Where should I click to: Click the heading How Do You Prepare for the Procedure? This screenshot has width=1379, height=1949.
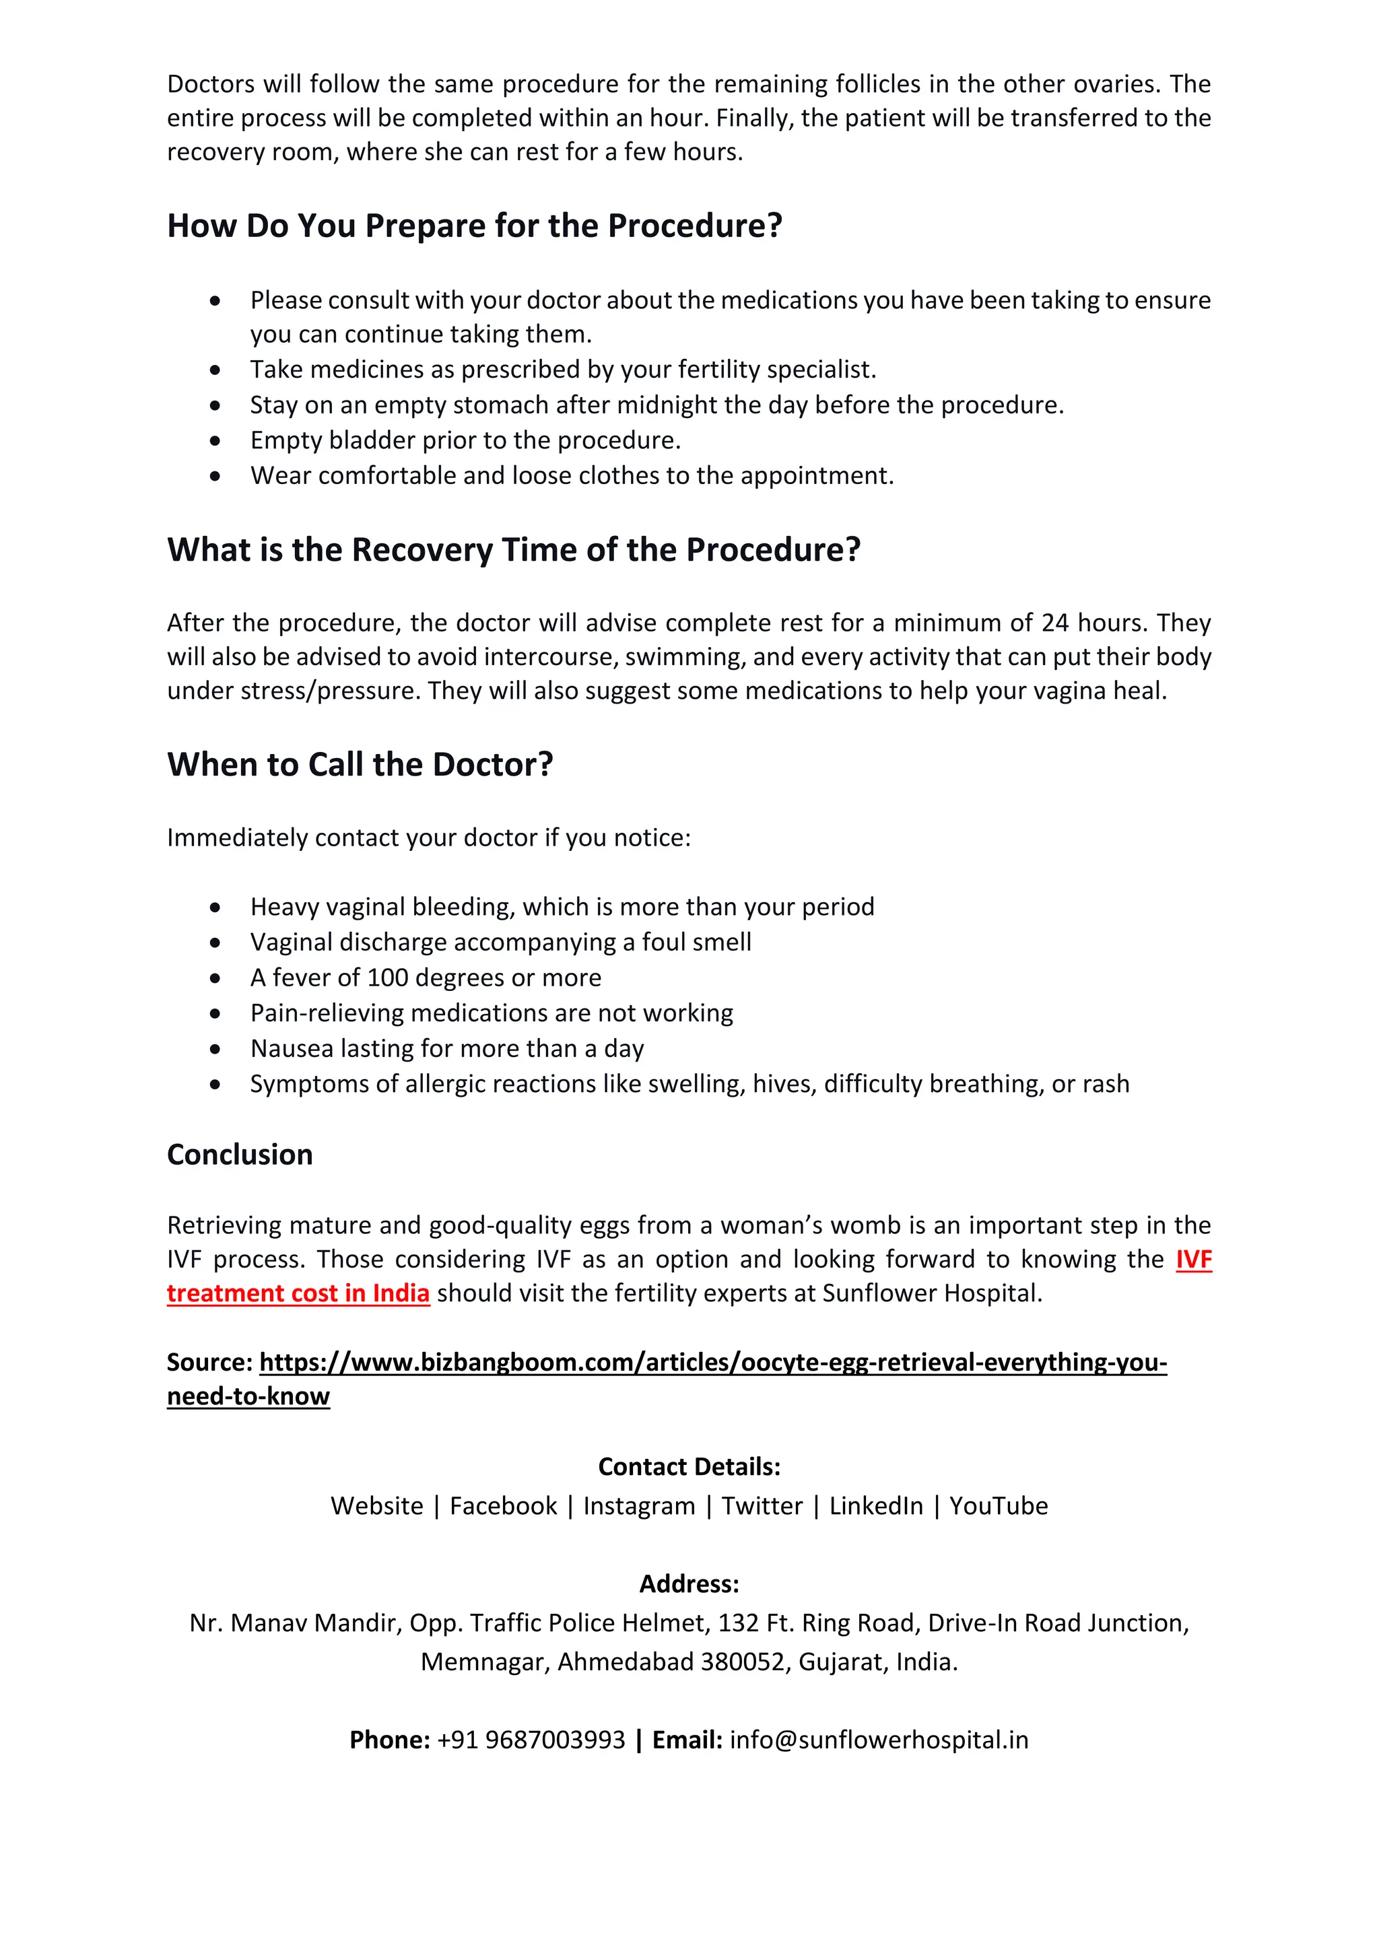coord(474,226)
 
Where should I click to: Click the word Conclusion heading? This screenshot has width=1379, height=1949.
coord(240,1155)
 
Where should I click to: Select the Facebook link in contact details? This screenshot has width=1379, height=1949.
coord(503,1505)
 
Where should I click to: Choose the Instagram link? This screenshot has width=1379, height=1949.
coord(638,1505)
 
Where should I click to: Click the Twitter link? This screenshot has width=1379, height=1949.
coord(762,1505)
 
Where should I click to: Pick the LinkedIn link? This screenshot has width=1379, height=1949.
coord(875,1505)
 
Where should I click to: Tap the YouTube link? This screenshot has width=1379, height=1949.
coord(998,1505)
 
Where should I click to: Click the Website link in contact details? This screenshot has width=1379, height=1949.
coord(376,1505)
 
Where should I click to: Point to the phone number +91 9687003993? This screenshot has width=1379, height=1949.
coord(531,1740)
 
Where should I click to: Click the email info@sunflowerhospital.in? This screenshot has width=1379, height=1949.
coord(878,1740)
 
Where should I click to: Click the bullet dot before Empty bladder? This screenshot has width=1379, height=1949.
coord(215,440)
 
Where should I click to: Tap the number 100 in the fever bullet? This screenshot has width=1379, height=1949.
coord(387,978)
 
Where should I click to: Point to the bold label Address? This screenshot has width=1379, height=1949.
coord(689,1583)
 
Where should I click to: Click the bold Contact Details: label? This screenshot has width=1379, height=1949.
coord(689,1466)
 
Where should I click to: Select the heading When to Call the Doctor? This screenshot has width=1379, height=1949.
coord(360,764)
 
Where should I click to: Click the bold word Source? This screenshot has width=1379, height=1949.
coord(209,1361)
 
